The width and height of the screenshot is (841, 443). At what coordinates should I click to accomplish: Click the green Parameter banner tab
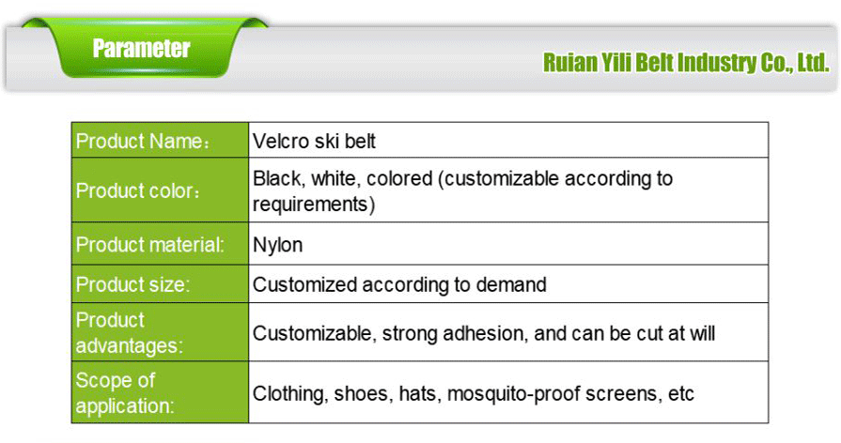142,49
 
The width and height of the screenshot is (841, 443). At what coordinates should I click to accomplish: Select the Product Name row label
142,142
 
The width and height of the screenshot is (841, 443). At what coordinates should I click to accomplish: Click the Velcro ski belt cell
315,142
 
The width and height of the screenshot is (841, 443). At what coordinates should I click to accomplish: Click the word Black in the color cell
276,178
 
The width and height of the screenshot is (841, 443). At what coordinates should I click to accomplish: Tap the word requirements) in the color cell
314,204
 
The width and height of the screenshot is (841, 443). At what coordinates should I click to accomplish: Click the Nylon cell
277,246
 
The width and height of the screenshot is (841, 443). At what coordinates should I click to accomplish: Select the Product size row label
132,284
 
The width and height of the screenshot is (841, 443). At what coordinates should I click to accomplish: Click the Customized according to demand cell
399,284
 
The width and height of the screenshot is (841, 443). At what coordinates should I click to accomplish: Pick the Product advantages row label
129,333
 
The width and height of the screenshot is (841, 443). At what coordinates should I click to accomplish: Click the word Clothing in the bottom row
290,394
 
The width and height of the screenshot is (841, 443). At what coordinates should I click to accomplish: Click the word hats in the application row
417,394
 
